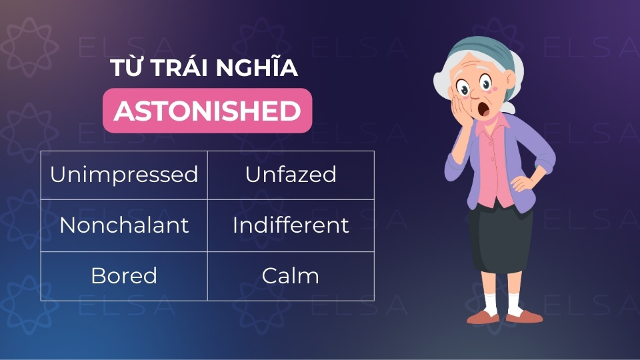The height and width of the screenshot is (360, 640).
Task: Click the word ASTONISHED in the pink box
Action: point(207,111)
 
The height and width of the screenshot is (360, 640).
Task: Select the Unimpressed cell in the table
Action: point(124,175)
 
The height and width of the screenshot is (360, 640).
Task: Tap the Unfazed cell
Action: point(291,175)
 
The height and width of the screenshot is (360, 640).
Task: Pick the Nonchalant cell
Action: point(124,225)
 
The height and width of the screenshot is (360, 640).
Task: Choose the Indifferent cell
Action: point(291,225)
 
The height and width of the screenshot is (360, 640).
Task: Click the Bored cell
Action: point(124,276)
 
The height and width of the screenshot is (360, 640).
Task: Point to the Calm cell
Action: point(291,276)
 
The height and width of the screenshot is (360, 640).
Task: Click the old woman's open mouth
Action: point(484,109)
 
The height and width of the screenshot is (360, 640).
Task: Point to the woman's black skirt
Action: point(499,237)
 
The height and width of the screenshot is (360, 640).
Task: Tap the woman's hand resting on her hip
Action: point(523,183)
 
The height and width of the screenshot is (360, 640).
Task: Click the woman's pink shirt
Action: point(495,163)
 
